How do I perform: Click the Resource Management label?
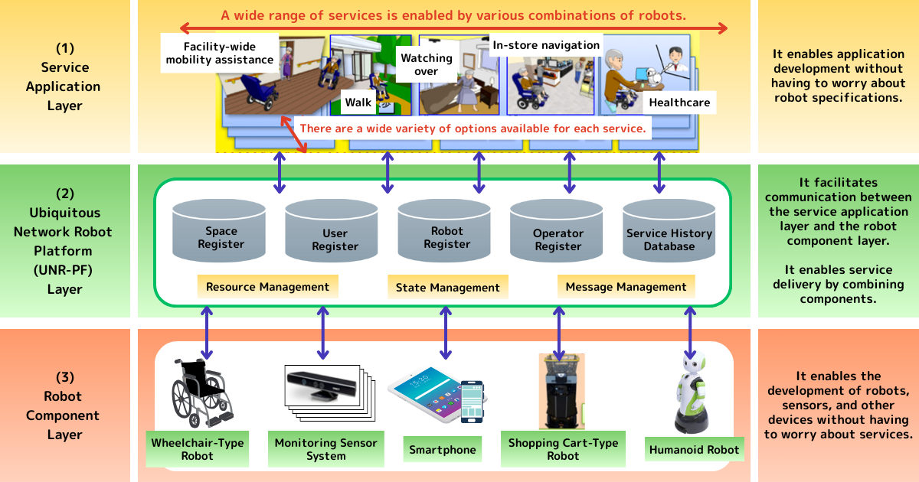point(267,287)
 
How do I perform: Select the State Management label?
point(447,288)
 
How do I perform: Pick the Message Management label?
point(626,287)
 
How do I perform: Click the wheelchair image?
point(201,392)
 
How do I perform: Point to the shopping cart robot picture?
point(561,391)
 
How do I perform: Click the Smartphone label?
point(443,450)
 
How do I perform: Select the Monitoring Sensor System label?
point(325,449)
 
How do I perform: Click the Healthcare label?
point(679,103)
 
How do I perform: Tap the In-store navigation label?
point(546,45)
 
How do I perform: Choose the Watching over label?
point(426,64)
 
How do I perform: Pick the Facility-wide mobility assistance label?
point(220,53)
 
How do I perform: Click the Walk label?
point(358,103)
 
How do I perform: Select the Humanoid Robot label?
point(694,450)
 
